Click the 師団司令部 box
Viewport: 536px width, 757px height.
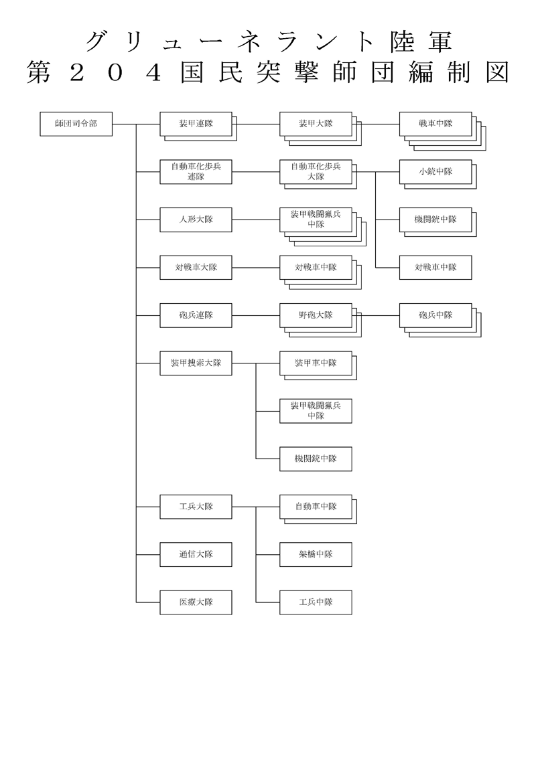click(76, 124)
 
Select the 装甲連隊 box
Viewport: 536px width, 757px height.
click(196, 124)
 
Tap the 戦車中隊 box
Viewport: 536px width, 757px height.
click(435, 124)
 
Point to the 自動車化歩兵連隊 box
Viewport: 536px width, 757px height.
click(196, 172)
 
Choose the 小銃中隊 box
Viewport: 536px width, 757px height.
click(435, 172)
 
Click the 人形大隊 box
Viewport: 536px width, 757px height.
click(196, 220)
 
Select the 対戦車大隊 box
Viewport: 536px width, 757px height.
click(196, 268)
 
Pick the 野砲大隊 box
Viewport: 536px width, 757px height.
click(316, 315)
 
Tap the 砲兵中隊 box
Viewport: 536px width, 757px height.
click(435, 315)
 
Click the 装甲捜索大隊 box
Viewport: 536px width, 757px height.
click(196, 363)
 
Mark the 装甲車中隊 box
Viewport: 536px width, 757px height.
click(316, 363)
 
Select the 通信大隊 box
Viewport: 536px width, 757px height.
click(196, 555)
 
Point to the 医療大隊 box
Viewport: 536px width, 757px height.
click(196, 602)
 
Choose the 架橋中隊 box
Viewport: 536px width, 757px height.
click(316, 555)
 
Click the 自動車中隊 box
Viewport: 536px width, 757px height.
click(316, 507)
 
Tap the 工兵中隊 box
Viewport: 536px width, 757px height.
click(316, 602)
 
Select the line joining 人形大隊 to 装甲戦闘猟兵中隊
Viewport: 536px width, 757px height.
click(256, 220)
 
